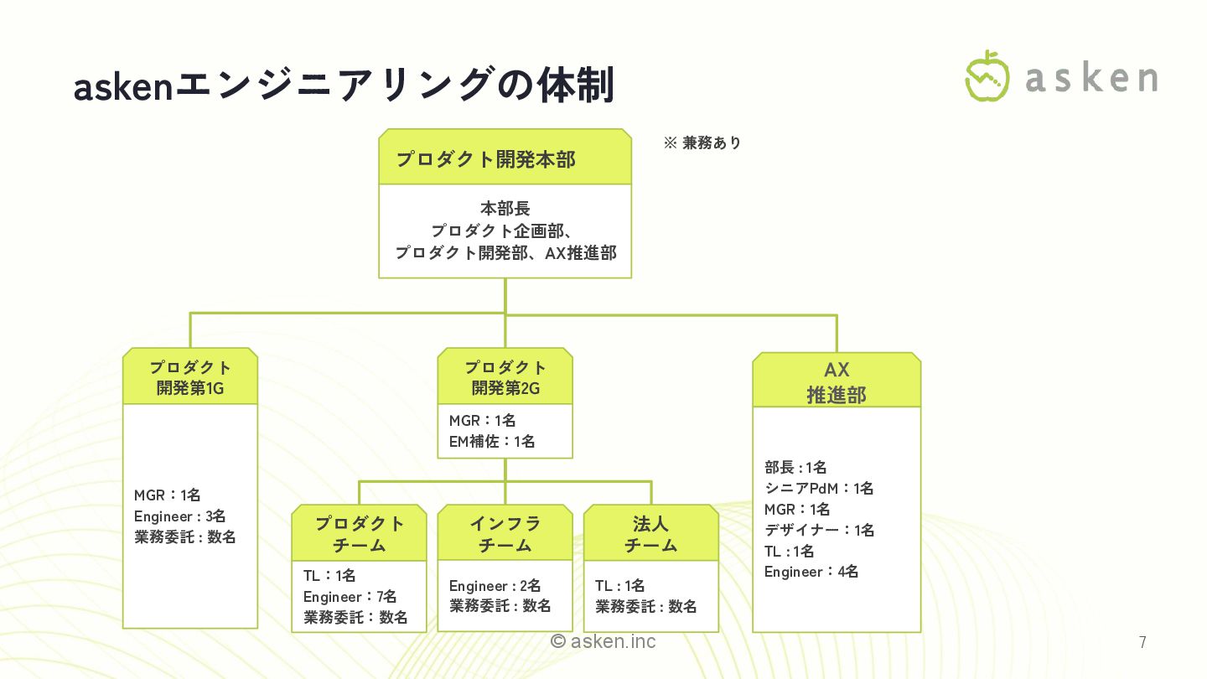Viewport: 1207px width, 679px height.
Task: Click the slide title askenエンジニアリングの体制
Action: [344, 86]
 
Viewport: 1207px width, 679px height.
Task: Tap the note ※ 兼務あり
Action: [702, 143]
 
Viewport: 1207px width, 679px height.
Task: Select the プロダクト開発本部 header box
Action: [505, 158]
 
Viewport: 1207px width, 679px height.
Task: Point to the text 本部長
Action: [505, 209]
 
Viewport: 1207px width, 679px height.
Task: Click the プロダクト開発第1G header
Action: [190, 377]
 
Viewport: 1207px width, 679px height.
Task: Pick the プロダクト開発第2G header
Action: [505, 377]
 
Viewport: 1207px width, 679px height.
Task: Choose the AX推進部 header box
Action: [836, 381]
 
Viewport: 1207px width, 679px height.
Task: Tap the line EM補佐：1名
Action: [492, 441]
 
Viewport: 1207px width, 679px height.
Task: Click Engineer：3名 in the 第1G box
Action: [179, 516]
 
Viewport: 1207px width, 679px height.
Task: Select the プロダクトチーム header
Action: [359, 534]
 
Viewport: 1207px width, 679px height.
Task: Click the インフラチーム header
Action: [505, 534]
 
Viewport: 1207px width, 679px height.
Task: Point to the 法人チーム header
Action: [650, 534]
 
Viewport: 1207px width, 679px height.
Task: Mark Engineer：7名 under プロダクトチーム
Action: [350, 597]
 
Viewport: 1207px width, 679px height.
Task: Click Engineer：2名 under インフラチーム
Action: [495, 586]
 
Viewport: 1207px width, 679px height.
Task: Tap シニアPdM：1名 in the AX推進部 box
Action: [819, 488]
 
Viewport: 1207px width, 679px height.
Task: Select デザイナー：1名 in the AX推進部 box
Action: [819, 530]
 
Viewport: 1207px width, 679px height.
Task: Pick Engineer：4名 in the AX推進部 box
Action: [811, 572]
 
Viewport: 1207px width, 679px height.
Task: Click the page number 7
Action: [1142, 643]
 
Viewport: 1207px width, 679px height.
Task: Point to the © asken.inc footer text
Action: [603, 641]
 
